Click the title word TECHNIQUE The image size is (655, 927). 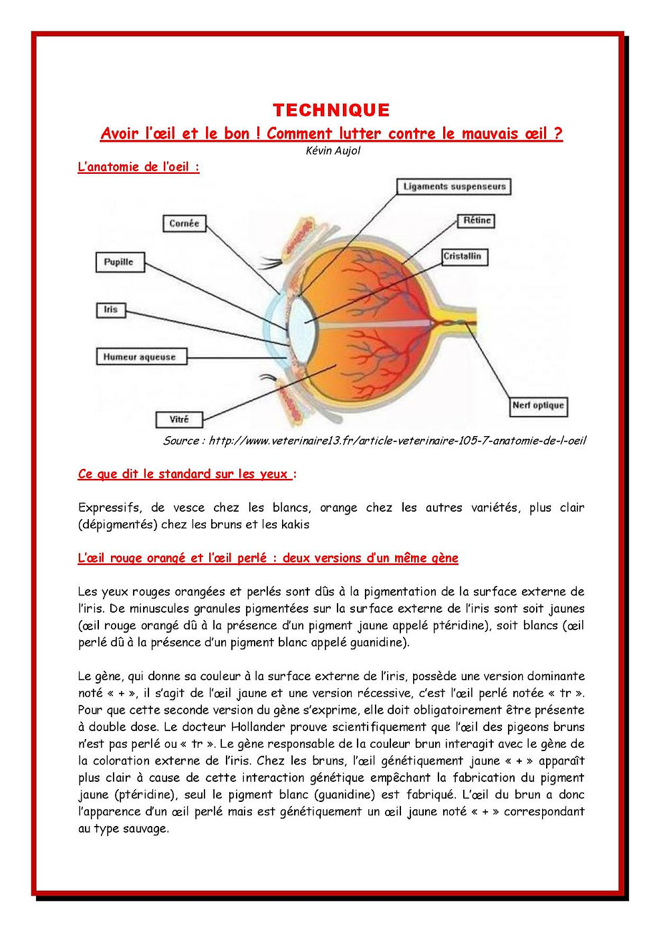[331, 110]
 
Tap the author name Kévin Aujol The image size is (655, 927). [333, 151]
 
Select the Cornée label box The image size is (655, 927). [184, 223]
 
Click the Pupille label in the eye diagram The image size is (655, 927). [119, 262]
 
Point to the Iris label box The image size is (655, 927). [111, 310]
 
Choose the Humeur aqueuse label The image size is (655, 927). [140, 357]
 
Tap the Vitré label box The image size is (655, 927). [179, 419]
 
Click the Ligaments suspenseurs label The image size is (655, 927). [454, 187]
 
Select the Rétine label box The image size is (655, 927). [477, 221]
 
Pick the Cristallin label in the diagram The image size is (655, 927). [463, 256]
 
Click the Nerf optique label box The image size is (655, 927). [538, 405]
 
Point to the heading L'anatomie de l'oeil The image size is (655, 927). [138, 167]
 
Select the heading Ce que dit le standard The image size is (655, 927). [184, 474]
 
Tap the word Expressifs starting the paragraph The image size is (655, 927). [110, 508]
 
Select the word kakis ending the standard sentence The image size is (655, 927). [295, 524]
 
